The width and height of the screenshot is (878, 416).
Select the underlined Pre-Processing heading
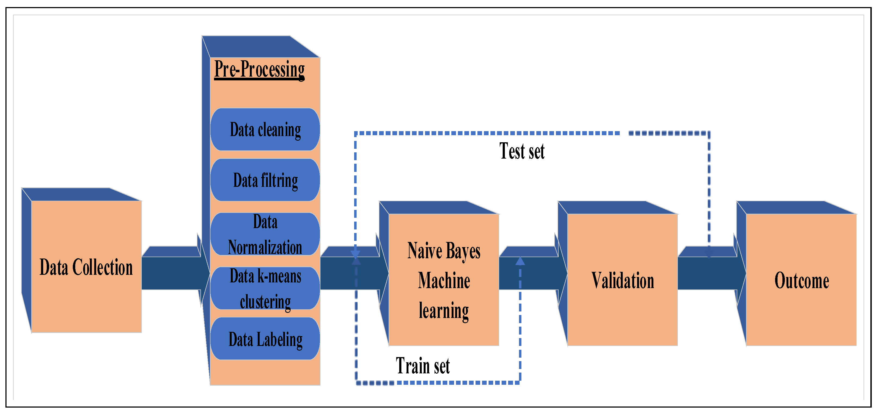click(259, 70)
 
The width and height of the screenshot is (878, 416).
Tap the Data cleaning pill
click(265, 130)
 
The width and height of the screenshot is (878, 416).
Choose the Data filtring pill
click(265, 180)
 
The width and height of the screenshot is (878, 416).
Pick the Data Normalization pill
click(265, 234)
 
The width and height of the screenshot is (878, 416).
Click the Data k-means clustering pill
click(265, 288)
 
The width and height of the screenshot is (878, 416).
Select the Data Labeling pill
click(265, 339)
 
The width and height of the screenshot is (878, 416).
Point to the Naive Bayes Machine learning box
click(444, 280)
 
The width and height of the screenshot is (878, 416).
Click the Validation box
click(622, 280)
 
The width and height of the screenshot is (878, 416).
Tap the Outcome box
click(801, 280)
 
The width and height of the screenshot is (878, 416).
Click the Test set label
click(522, 151)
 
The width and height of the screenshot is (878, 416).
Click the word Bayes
click(463, 251)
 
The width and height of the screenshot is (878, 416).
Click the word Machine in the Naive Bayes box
click(444, 281)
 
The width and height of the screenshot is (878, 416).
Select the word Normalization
click(265, 247)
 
